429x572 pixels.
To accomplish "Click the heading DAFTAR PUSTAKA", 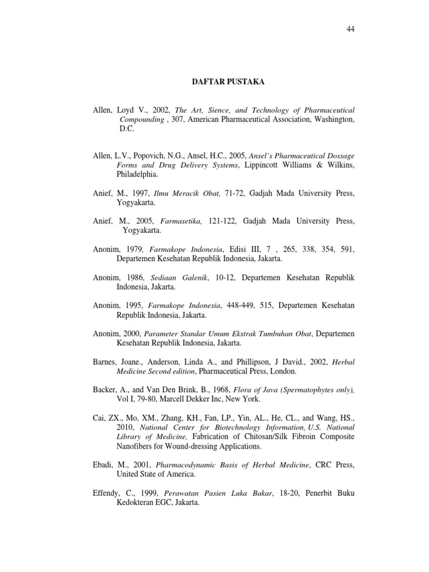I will (x=225, y=83).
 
